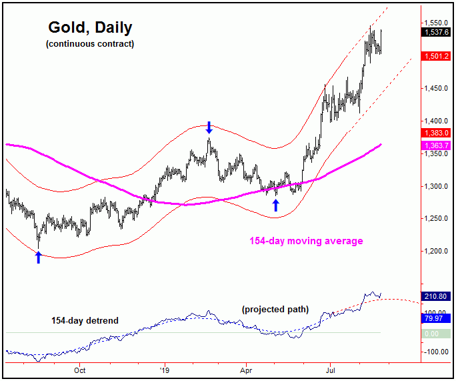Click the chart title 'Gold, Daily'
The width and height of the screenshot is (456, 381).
tap(90, 28)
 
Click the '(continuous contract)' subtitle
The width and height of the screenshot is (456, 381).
tap(90, 44)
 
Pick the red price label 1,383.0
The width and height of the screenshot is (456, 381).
tap(437, 133)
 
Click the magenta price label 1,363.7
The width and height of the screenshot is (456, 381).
tap(437, 145)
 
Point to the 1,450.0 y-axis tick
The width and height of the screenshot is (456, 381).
tap(437, 88)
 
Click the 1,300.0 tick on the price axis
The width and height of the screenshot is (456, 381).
tap(437, 186)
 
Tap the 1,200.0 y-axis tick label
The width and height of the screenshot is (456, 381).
tap(437, 252)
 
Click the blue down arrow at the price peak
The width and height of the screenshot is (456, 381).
tap(209, 127)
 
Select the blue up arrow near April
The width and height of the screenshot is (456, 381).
tap(276, 206)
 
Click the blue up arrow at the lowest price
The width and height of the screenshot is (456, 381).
tap(38, 258)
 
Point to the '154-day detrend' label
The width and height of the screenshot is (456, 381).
tap(85, 321)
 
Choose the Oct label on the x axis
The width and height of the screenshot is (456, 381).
tap(80, 368)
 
